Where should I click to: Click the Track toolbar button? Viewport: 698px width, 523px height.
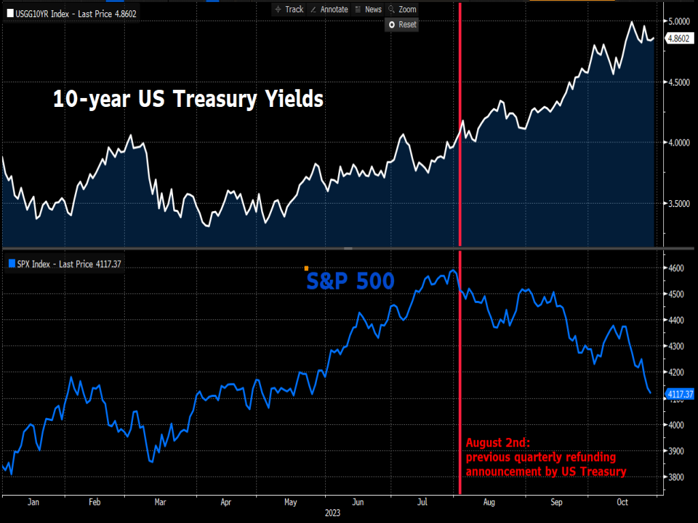(x=289, y=9)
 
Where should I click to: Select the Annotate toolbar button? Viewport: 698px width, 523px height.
(x=329, y=9)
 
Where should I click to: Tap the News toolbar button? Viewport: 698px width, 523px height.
(x=368, y=9)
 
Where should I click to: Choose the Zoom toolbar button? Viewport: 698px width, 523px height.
(x=402, y=9)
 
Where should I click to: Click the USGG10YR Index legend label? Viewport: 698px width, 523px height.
(x=72, y=13)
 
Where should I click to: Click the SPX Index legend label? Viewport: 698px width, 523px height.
(x=65, y=264)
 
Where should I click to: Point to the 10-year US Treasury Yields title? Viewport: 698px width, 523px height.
(x=188, y=99)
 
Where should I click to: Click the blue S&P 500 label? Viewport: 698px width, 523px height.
(x=350, y=280)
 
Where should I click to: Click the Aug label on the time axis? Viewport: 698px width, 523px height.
(x=489, y=502)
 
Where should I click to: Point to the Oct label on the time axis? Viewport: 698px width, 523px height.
(x=623, y=502)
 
